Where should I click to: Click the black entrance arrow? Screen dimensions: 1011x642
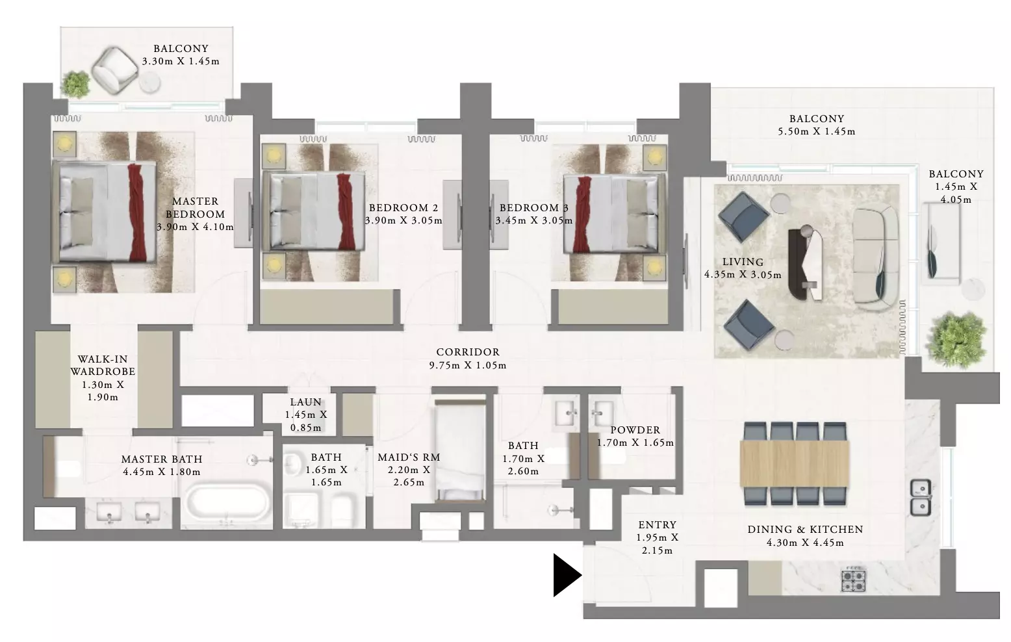pyautogui.click(x=566, y=575)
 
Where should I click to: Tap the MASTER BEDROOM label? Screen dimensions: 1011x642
pyautogui.click(x=195, y=208)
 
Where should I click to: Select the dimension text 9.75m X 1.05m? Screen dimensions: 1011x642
pyautogui.click(x=468, y=365)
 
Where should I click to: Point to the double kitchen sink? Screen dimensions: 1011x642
pyautogui.click(x=921, y=497)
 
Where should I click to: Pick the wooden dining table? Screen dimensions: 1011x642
pyautogui.click(x=795, y=464)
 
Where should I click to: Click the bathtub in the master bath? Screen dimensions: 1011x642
pyautogui.click(x=228, y=505)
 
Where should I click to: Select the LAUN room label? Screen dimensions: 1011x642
pyautogui.click(x=305, y=402)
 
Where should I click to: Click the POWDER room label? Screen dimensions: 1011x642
pyautogui.click(x=635, y=430)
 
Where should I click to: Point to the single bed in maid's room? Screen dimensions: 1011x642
pyautogui.click(x=460, y=450)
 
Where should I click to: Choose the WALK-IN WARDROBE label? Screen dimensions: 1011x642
pyautogui.click(x=103, y=365)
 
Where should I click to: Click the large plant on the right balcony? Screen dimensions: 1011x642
pyautogui.click(x=956, y=339)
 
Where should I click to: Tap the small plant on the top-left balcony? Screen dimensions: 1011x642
pyautogui.click(x=76, y=84)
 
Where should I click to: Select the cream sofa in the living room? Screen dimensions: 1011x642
pyautogui.click(x=876, y=260)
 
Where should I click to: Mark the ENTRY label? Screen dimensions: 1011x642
pyautogui.click(x=657, y=524)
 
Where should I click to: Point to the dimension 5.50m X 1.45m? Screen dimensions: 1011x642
pyautogui.click(x=817, y=131)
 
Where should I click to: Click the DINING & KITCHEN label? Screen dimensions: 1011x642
pyautogui.click(x=805, y=529)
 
